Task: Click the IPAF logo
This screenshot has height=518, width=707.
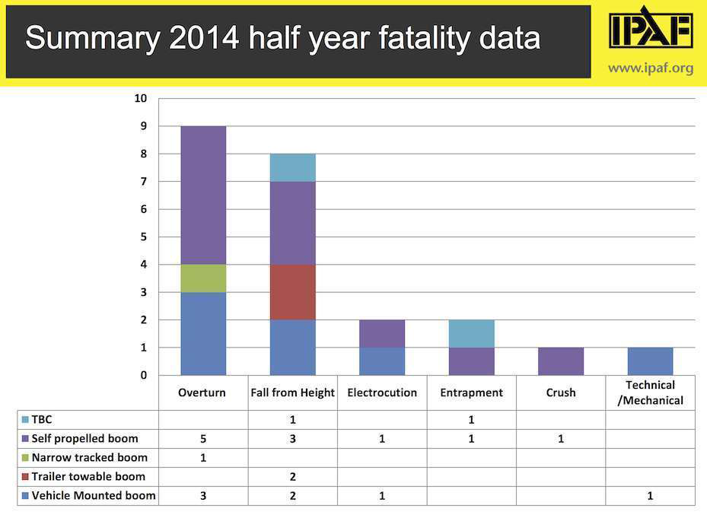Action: tap(651, 31)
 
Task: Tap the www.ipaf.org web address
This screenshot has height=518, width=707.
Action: tap(651, 68)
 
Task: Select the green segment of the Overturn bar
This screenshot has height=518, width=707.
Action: tap(203, 278)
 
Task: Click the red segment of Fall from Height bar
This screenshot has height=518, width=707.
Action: tap(293, 292)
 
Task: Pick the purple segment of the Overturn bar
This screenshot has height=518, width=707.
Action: tap(203, 195)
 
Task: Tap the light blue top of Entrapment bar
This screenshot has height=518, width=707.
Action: tap(472, 333)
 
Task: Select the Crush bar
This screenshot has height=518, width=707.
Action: tap(561, 361)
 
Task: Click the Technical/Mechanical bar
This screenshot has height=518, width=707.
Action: tap(651, 361)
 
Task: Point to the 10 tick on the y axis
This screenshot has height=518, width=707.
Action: tap(141, 98)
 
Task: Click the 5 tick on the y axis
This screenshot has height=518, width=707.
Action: tap(143, 237)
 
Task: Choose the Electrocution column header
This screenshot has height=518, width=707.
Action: tap(382, 393)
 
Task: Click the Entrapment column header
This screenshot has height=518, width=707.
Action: tap(472, 393)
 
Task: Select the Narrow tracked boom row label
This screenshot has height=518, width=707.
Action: tap(90, 458)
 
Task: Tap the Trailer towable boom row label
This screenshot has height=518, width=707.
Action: tap(88, 477)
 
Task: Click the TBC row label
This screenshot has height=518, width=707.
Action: tap(42, 420)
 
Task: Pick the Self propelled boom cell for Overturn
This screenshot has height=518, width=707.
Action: tap(203, 439)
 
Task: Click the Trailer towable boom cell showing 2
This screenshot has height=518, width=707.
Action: tap(293, 477)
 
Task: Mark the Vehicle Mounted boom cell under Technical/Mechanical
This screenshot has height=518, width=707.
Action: tap(651, 496)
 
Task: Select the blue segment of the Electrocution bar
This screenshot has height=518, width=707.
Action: tap(382, 361)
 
